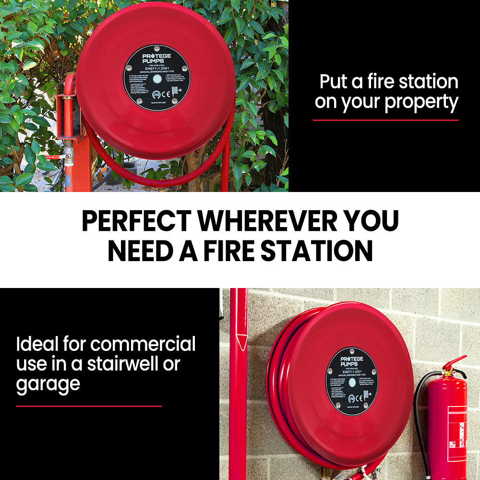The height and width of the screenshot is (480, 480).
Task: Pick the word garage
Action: tap(48, 384)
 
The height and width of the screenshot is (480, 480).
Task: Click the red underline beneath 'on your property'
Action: tap(385, 120)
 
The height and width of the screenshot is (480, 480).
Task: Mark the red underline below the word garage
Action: tap(89, 406)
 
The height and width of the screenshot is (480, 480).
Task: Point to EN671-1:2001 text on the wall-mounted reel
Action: tap(352, 371)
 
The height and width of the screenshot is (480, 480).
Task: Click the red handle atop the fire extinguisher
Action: tap(454, 363)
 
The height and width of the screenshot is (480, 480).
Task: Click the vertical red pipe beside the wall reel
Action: tap(238, 384)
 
